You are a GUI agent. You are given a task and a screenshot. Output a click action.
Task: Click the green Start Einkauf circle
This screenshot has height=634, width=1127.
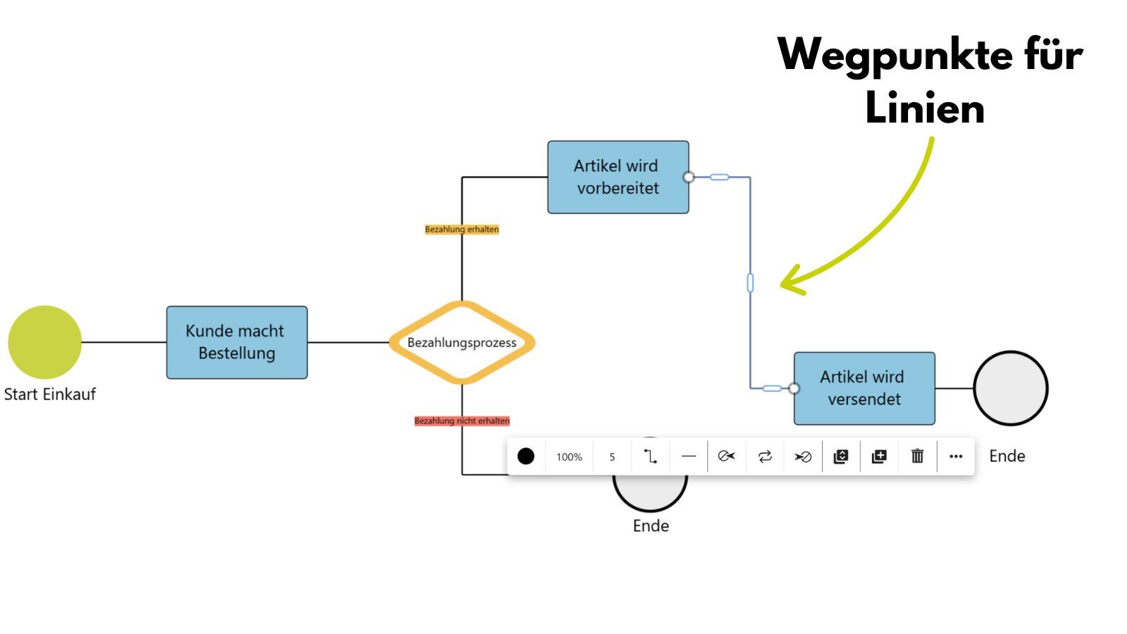click(44, 342)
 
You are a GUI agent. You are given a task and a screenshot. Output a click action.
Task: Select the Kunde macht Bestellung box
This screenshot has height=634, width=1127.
click(237, 342)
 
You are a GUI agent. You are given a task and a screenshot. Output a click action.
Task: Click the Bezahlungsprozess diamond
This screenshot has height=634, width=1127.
click(462, 342)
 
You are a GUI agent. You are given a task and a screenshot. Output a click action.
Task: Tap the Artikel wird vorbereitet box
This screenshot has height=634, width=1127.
click(618, 177)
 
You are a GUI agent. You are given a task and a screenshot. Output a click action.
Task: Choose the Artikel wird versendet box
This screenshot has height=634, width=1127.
click(864, 388)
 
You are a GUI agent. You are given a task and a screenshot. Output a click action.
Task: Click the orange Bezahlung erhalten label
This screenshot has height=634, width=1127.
click(461, 230)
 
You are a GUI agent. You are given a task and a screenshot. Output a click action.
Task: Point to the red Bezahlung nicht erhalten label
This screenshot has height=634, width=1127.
click(461, 421)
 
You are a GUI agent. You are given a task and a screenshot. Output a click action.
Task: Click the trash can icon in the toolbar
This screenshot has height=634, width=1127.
click(917, 456)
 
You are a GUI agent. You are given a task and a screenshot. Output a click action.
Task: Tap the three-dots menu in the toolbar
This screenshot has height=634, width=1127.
click(955, 456)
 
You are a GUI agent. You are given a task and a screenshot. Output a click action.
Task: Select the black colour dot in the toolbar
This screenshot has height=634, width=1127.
click(525, 456)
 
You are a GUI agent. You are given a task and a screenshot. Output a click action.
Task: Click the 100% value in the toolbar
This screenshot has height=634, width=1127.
click(569, 457)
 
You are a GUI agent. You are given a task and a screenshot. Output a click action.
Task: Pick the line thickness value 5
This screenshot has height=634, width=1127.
click(612, 457)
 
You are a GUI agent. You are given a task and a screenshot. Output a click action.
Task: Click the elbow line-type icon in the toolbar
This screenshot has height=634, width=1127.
click(650, 456)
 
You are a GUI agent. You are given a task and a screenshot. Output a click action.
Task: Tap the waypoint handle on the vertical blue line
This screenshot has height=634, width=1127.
click(750, 283)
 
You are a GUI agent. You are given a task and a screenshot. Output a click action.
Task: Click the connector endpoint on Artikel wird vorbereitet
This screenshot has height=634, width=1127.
click(689, 177)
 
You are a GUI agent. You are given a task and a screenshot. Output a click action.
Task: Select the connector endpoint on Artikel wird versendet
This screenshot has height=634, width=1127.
click(794, 388)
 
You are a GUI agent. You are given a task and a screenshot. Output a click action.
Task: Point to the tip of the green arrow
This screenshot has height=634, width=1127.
click(782, 285)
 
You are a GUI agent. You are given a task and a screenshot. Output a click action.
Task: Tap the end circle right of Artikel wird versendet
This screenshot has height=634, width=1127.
click(1011, 388)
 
